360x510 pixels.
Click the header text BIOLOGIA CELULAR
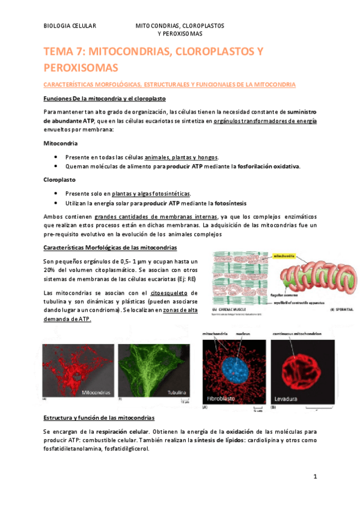tap(70, 27)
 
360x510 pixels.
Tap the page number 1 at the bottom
tap(314, 476)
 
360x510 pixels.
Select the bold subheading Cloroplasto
tap(59, 179)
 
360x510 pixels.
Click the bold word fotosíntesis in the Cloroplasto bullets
tap(226, 203)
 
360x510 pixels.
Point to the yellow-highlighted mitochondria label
tap(286, 256)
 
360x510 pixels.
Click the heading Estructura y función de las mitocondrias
tap(99, 417)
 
